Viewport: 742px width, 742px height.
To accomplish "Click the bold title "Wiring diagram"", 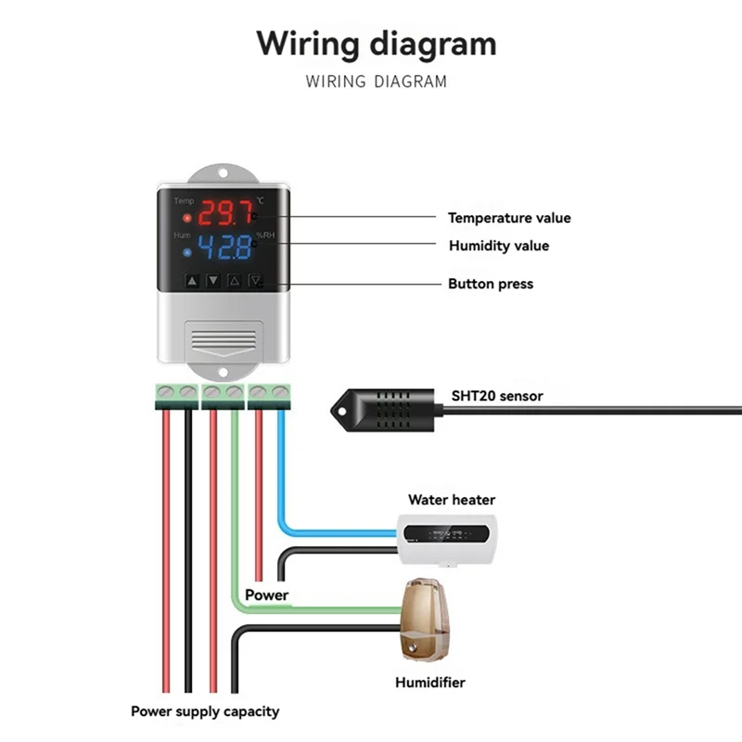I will pyautogui.click(x=376, y=44).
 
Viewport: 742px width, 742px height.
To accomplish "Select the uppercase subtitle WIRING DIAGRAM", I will pyautogui.click(x=376, y=82).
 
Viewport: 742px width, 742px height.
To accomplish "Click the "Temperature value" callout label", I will pyautogui.click(x=509, y=218).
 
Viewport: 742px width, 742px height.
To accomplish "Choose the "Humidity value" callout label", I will pyautogui.click(x=498, y=246).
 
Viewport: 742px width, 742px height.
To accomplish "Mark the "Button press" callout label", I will pyautogui.click(x=491, y=284).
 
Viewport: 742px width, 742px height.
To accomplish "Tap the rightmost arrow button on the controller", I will pyautogui.click(x=256, y=281).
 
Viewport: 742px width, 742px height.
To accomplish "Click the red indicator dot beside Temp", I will pyautogui.click(x=187, y=219).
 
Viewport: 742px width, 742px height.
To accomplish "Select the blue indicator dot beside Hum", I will pyautogui.click(x=187, y=251).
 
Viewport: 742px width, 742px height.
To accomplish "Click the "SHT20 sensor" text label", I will pyautogui.click(x=497, y=396).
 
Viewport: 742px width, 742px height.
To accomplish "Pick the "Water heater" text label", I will pyautogui.click(x=452, y=500).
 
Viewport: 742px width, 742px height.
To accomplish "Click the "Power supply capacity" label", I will pyautogui.click(x=204, y=711).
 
